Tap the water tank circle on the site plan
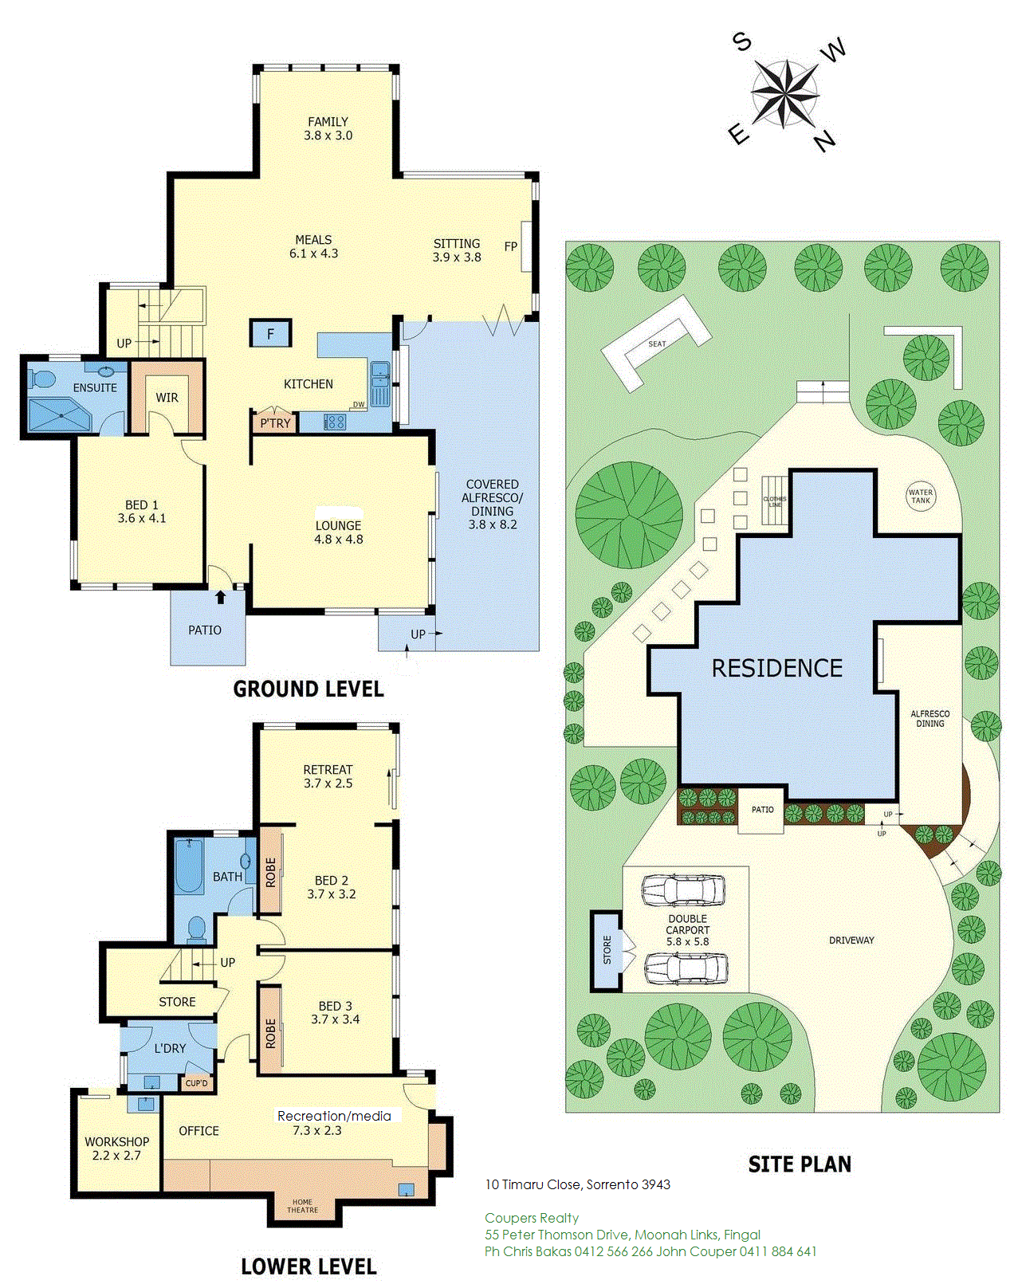point(920,497)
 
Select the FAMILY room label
point(328,121)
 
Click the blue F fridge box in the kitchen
point(270,334)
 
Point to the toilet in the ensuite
point(41,379)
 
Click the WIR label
point(167,398)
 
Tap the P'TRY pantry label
point(275,423)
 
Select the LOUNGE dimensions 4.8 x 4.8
point(339,539)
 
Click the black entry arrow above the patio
point(220,597)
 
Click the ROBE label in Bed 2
point(270,873)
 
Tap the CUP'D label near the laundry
point(196,1082)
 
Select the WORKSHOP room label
point(116,1141)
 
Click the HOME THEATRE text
point(302,1205)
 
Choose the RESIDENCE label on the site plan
point(777,668)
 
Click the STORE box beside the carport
point(607,950)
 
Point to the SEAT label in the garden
point(657,344)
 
